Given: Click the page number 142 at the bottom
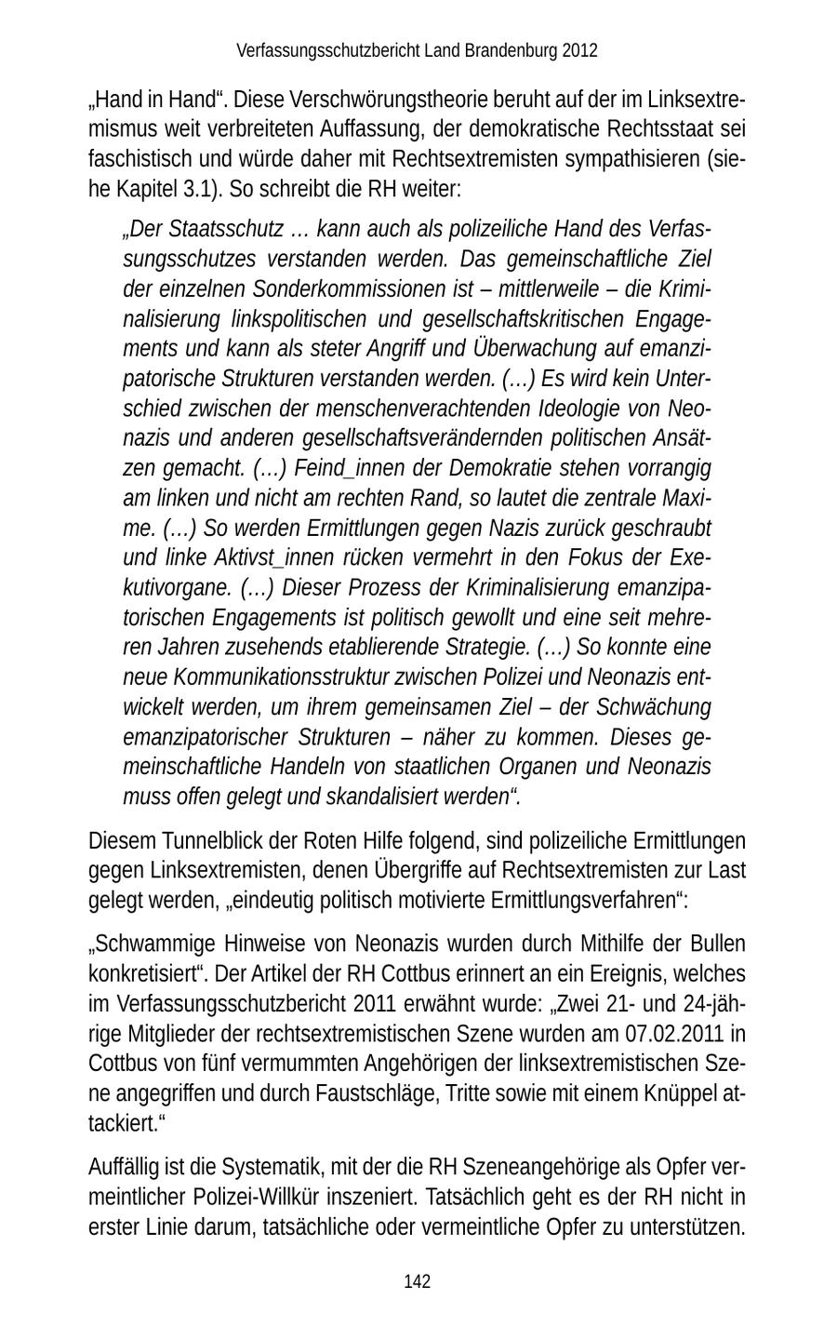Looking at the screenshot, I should [x=418, y=1282].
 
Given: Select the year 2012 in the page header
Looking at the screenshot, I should [x=579, y=50].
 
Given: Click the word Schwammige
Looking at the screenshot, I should [x=155, y=944].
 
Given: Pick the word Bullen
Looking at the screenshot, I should [x=717, y=944].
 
